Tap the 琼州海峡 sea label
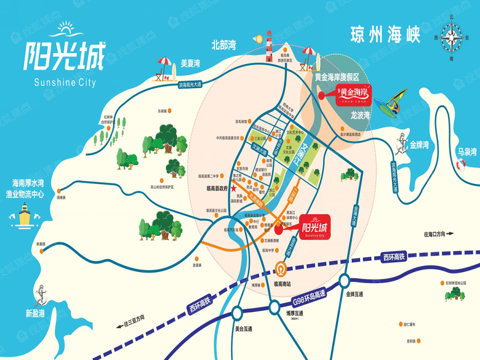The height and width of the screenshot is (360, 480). (x=386, y=34)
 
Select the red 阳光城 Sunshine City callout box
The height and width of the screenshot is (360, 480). (x=315, y=228)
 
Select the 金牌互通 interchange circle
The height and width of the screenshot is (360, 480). (x=344, y=280)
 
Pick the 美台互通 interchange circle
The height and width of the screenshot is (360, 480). (x=238, y=314)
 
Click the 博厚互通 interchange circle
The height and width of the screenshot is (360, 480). (x=275, y=306)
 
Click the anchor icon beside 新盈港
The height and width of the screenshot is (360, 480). (x=41, y=294)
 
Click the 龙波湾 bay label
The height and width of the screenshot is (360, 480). (x=361, y=114)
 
